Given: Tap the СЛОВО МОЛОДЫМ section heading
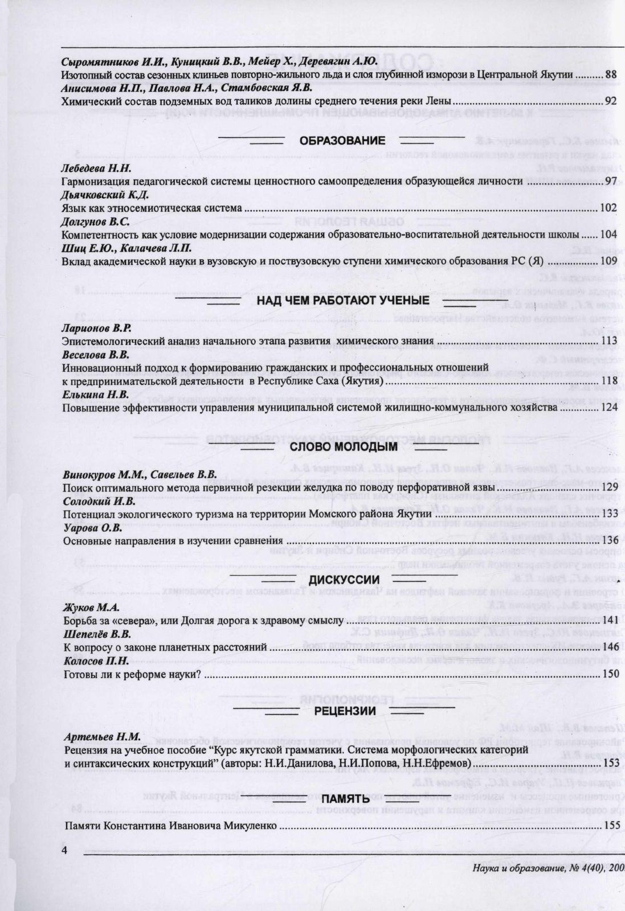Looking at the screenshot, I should point(344,446).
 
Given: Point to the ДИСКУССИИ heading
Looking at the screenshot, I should point(344,580).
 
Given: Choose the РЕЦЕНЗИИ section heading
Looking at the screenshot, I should point(345,711).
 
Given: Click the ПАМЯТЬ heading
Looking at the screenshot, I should point(346,801).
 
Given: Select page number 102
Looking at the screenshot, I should point(609,208).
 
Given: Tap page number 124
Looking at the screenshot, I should point(609,407).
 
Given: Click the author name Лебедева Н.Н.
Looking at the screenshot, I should point(96,168).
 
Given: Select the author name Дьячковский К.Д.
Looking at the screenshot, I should point(105,195).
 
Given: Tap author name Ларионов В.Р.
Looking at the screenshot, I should point(96,328).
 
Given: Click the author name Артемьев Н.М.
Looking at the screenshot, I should point(102,736).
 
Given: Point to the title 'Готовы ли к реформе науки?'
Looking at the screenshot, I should point(133,674).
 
